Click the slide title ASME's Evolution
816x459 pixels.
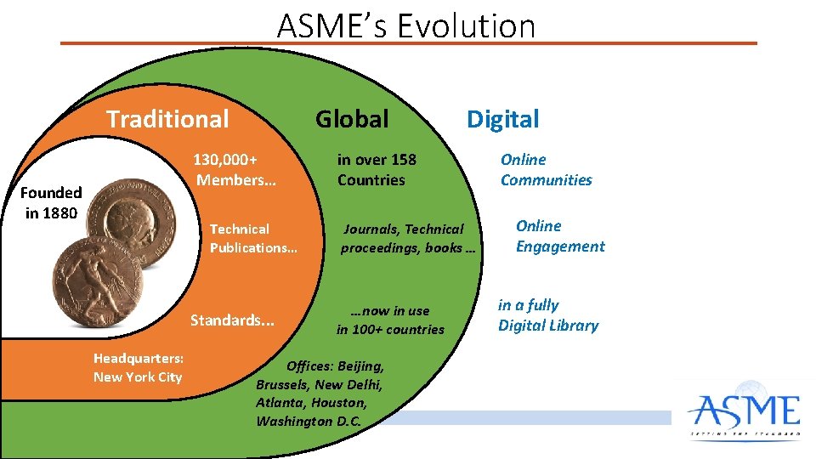click(x=406, y=26)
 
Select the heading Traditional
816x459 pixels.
click(x=167, y=119)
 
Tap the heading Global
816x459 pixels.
click(x=352, y=119)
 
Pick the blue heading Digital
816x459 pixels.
click(x=502, y=119)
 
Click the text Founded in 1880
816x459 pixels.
click(x=52, y=203)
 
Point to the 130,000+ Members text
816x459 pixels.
click(x=227, y=169)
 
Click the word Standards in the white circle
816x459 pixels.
click(x=232, y=320)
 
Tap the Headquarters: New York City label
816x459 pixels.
click(x=138, y=367)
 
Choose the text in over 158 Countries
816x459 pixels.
click(x=377, y=169)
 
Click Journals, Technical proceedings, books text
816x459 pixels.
click(x=411, y=238)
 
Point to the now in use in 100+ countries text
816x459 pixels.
click(x=390, y=320)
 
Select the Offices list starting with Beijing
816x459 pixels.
click(x=321, y=394)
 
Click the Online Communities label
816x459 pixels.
click(x=546, y=169)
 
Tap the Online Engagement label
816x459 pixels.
click(x=560, y=236)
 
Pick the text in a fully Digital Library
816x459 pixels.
click(x=548, y=315)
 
